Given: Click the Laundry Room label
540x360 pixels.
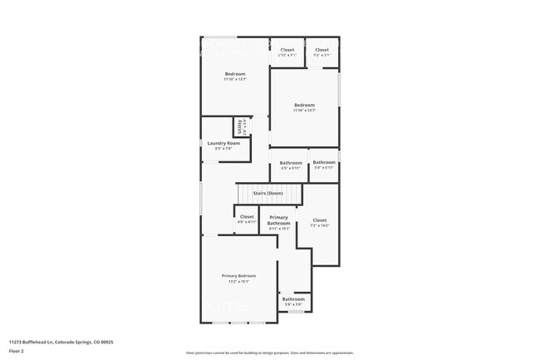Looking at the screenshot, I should point(223,143).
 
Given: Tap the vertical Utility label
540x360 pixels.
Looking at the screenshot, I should point(239,127).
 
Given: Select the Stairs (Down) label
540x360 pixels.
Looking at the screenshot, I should point(268,193).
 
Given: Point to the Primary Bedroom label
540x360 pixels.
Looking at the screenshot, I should point(238,275).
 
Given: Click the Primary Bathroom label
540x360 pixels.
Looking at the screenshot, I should point(279,219).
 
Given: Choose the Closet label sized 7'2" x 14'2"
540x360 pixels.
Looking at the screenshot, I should point(319,220).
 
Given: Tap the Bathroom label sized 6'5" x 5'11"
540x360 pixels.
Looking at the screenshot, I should point(291,162).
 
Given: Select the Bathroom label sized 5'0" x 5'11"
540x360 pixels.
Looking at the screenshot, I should point(324,162).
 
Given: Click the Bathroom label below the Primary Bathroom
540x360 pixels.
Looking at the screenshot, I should point(293,298).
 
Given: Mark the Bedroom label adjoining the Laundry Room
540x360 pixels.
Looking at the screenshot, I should point(235,74).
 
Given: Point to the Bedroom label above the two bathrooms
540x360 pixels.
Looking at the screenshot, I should point(305,105).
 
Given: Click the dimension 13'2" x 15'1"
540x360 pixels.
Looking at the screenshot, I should point(238,281).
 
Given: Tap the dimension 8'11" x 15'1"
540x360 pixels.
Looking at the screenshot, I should point(279,229).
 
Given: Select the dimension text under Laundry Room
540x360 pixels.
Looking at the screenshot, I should point(223,149).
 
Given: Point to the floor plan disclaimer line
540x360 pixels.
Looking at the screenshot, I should point(270,353).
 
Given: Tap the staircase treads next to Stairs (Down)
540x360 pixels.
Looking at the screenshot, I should point(249,193).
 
